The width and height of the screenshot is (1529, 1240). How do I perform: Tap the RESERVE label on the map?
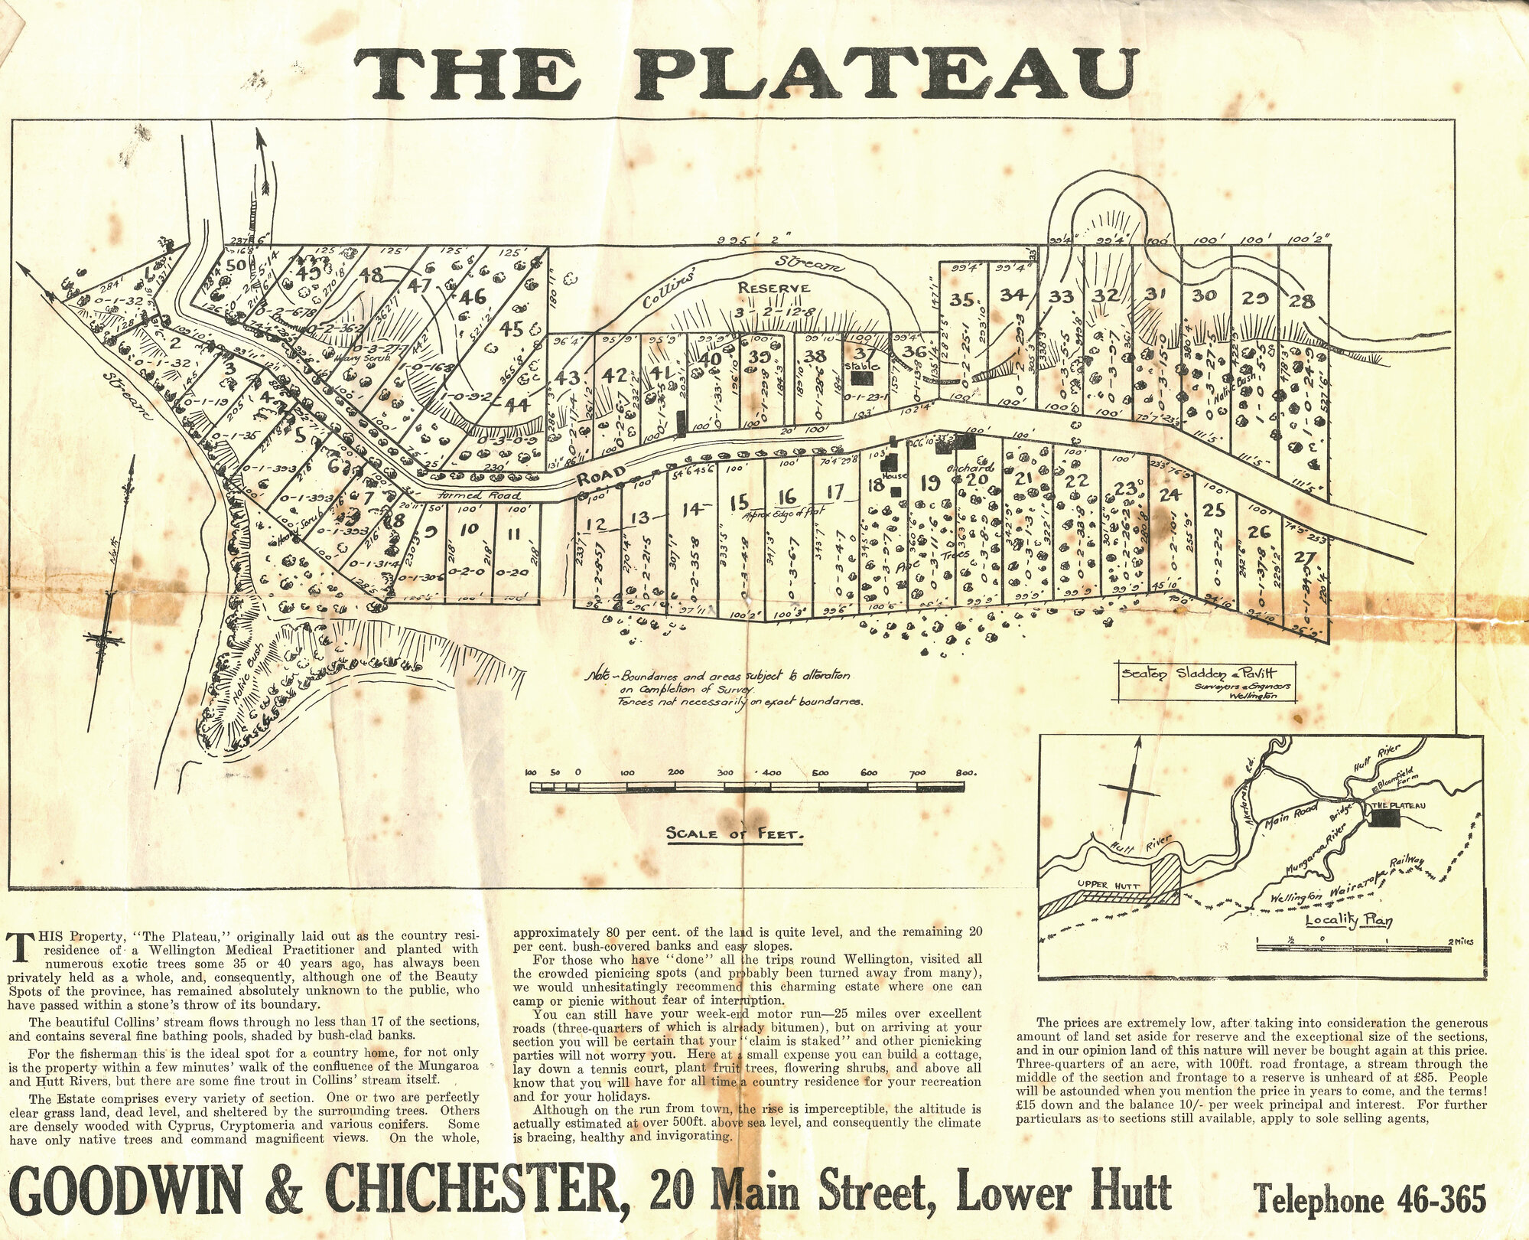coord(773,288)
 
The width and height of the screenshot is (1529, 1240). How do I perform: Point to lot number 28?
coord(1302,301)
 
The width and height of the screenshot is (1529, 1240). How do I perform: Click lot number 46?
coord(472,296)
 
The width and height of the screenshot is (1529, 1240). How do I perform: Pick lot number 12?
coord(596,524)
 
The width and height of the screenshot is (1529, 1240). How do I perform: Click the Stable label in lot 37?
coord(863,366)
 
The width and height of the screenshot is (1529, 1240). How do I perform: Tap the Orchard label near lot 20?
coord(970,468)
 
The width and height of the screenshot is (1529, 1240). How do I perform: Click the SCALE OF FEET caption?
coord(735,834)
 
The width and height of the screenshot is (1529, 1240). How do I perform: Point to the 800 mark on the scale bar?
coord(965,773)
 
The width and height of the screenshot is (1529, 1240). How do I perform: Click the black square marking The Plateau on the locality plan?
coord(1383,818)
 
